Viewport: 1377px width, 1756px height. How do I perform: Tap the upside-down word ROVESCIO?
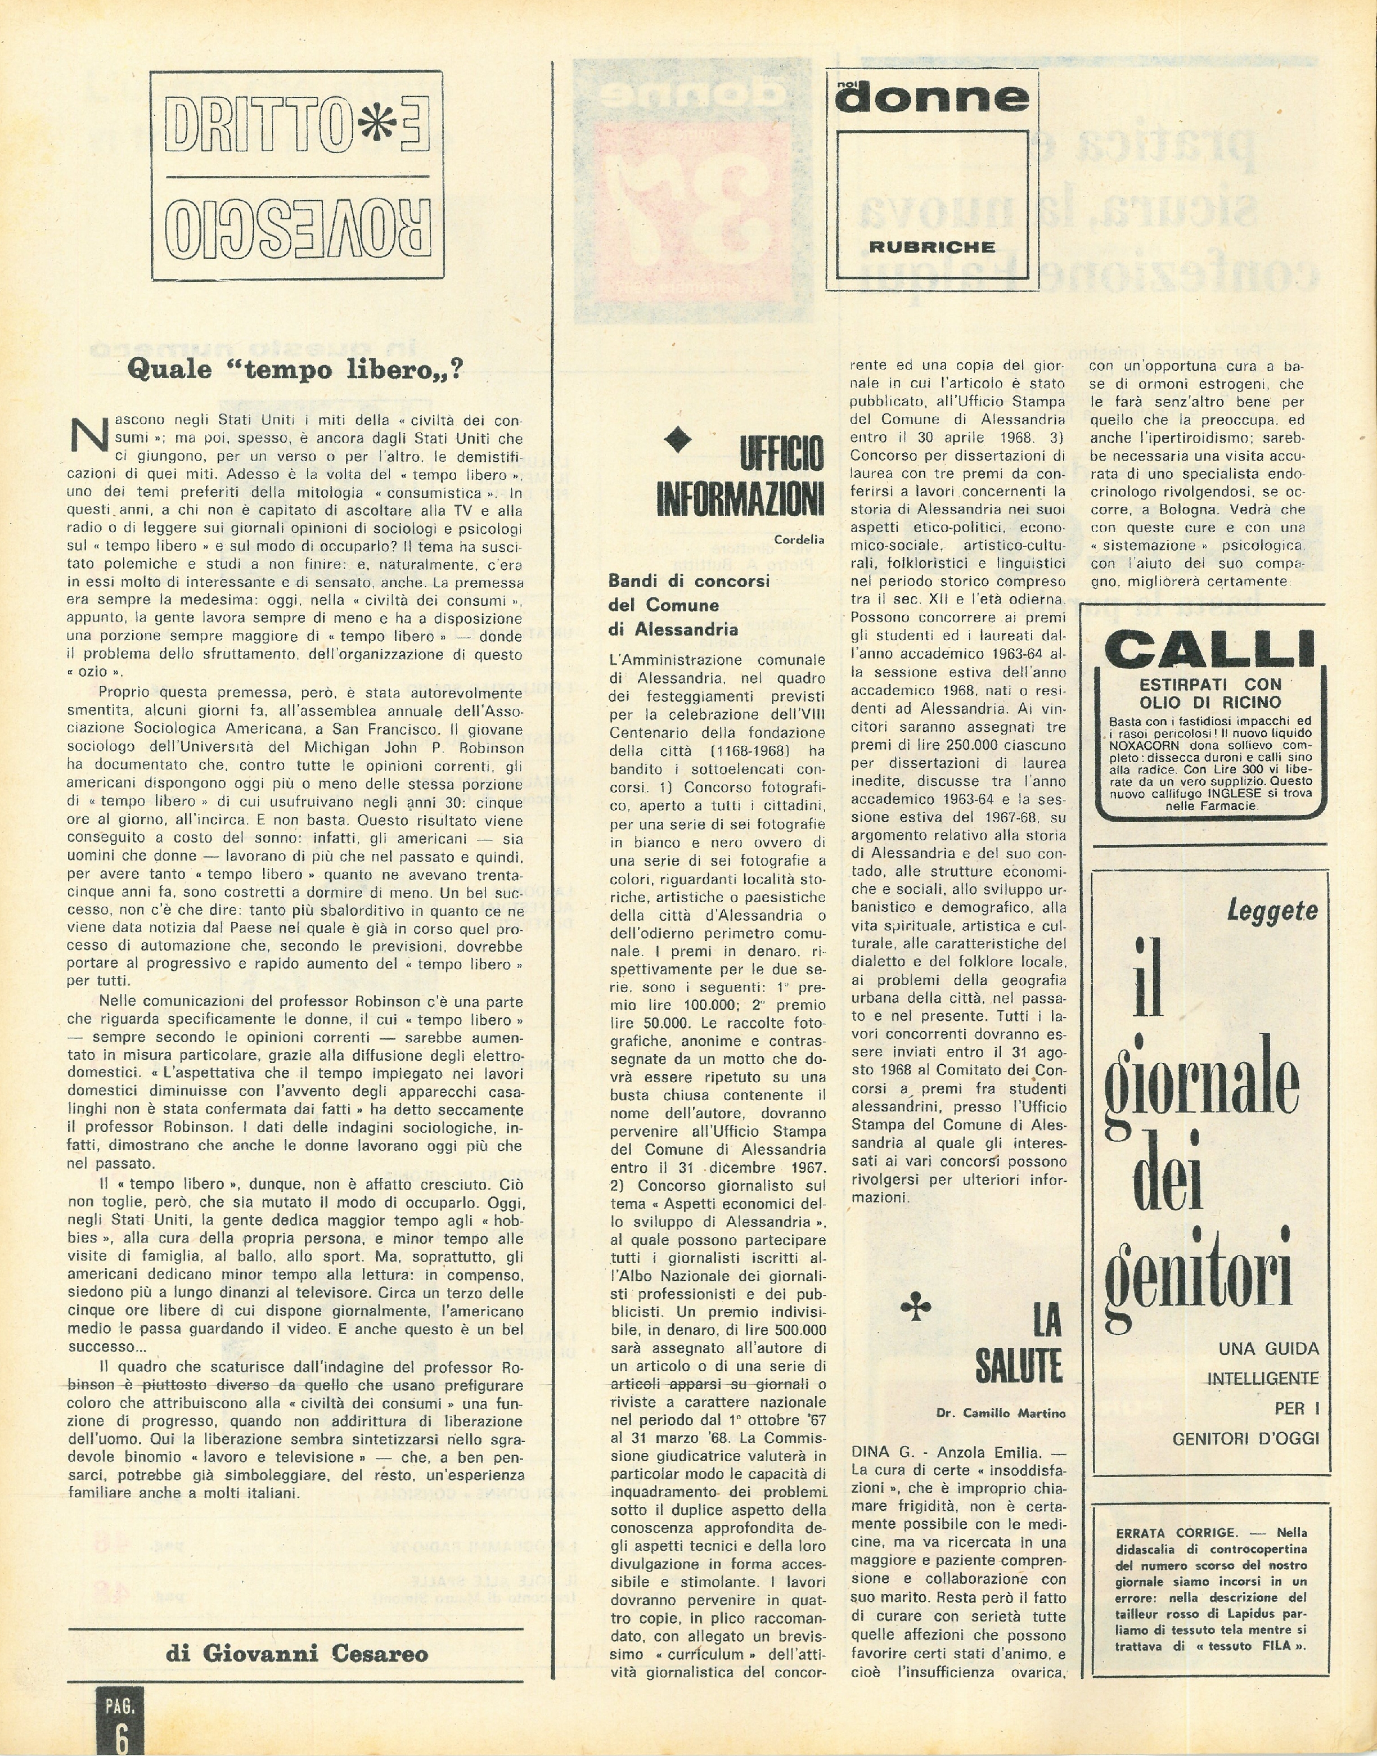click(298, 227)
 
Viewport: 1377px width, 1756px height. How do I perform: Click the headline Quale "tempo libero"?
click(296, 370)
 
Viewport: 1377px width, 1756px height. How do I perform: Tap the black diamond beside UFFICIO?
click(677, 439)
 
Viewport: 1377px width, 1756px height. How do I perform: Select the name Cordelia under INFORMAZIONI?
click(798, 539)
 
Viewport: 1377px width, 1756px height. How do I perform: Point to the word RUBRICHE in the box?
click(931, 247)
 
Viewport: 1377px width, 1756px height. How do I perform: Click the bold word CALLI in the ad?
click(1209, 650)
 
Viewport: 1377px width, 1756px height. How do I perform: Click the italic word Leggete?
click(1271, 911)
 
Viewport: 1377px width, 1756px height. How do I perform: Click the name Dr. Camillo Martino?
click(1001, 1412)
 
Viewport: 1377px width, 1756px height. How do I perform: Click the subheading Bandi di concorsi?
click(688, 580)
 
